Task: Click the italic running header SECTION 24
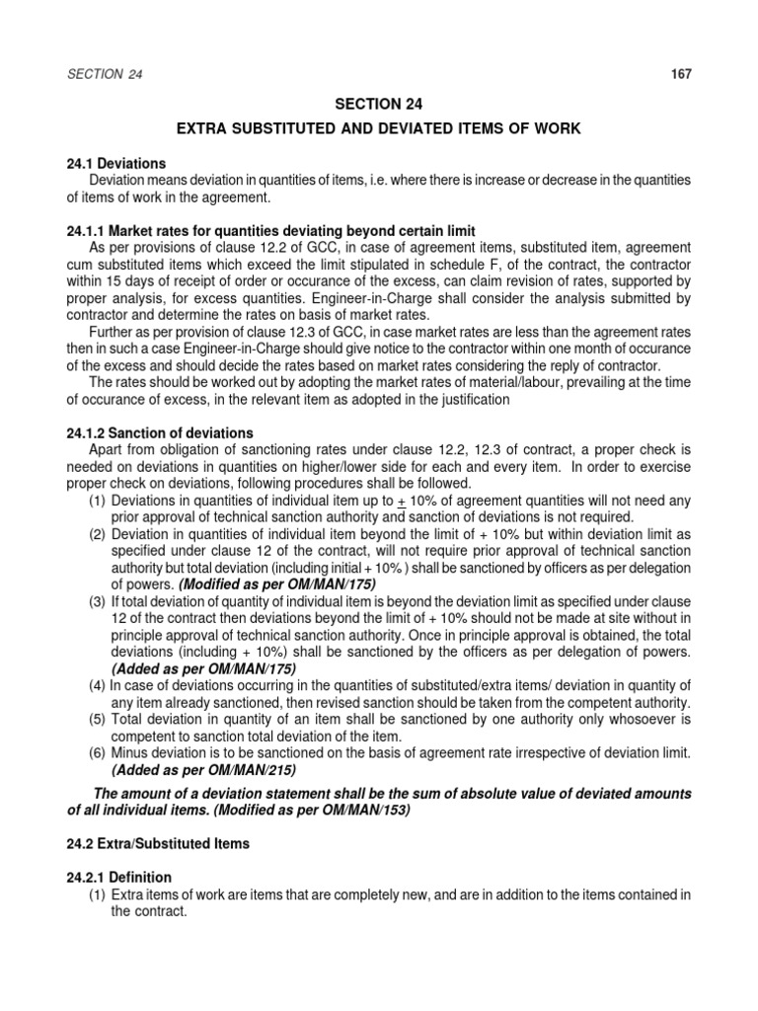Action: [105, 74]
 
